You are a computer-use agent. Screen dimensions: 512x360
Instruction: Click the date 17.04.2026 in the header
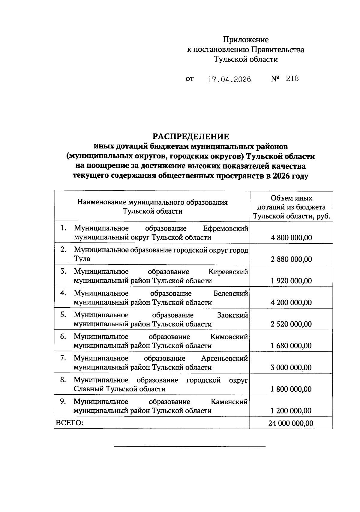(229, 80)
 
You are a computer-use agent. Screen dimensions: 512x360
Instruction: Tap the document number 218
(292, 79)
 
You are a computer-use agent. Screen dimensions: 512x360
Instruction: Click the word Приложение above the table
(246, 40)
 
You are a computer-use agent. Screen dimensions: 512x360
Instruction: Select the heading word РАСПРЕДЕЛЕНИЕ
(191, 137)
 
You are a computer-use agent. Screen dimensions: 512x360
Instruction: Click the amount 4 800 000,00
(291, 238)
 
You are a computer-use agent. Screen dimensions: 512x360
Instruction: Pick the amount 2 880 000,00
(291, 260)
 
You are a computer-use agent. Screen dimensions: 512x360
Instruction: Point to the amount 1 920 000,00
(291, 281)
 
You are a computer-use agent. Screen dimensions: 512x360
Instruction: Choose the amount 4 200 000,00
(291, 303)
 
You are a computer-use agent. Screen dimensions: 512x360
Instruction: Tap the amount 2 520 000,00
(291, 324)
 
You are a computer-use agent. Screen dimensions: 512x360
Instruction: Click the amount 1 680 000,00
(291, 346)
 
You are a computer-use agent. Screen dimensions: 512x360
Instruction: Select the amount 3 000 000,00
(291, 368)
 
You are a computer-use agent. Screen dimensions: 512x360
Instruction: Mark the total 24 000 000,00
(291, 423)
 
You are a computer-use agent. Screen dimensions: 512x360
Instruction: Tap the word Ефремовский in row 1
(226, 229)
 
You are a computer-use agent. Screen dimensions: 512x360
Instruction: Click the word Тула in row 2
(82, 259)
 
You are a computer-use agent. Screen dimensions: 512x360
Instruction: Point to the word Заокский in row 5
(232, 315)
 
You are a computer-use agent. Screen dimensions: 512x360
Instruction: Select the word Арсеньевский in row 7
(224, 359)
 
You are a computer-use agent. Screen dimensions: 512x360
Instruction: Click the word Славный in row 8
(88, 389)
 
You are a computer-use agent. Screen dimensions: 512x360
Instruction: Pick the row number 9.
(63, 402)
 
